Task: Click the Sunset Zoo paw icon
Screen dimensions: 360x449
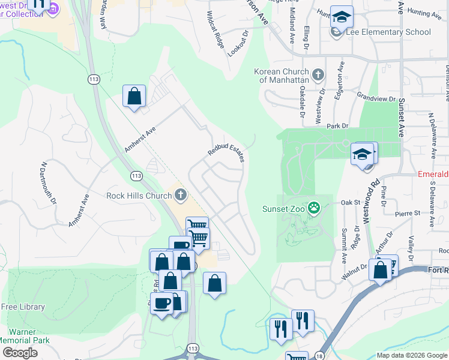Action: (314, 209)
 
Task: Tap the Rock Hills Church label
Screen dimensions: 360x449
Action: (139, 195)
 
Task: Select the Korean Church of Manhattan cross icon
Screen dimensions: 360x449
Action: (318, 75)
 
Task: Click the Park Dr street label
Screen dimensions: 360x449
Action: (337, 126)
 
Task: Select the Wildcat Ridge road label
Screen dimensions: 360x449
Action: (215, 29)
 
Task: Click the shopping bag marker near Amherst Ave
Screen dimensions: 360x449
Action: (134, 96)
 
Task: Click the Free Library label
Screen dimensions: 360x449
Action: (23, 307)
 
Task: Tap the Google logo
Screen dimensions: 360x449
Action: (20, 352)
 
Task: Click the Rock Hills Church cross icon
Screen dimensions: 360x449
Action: (181, 194)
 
